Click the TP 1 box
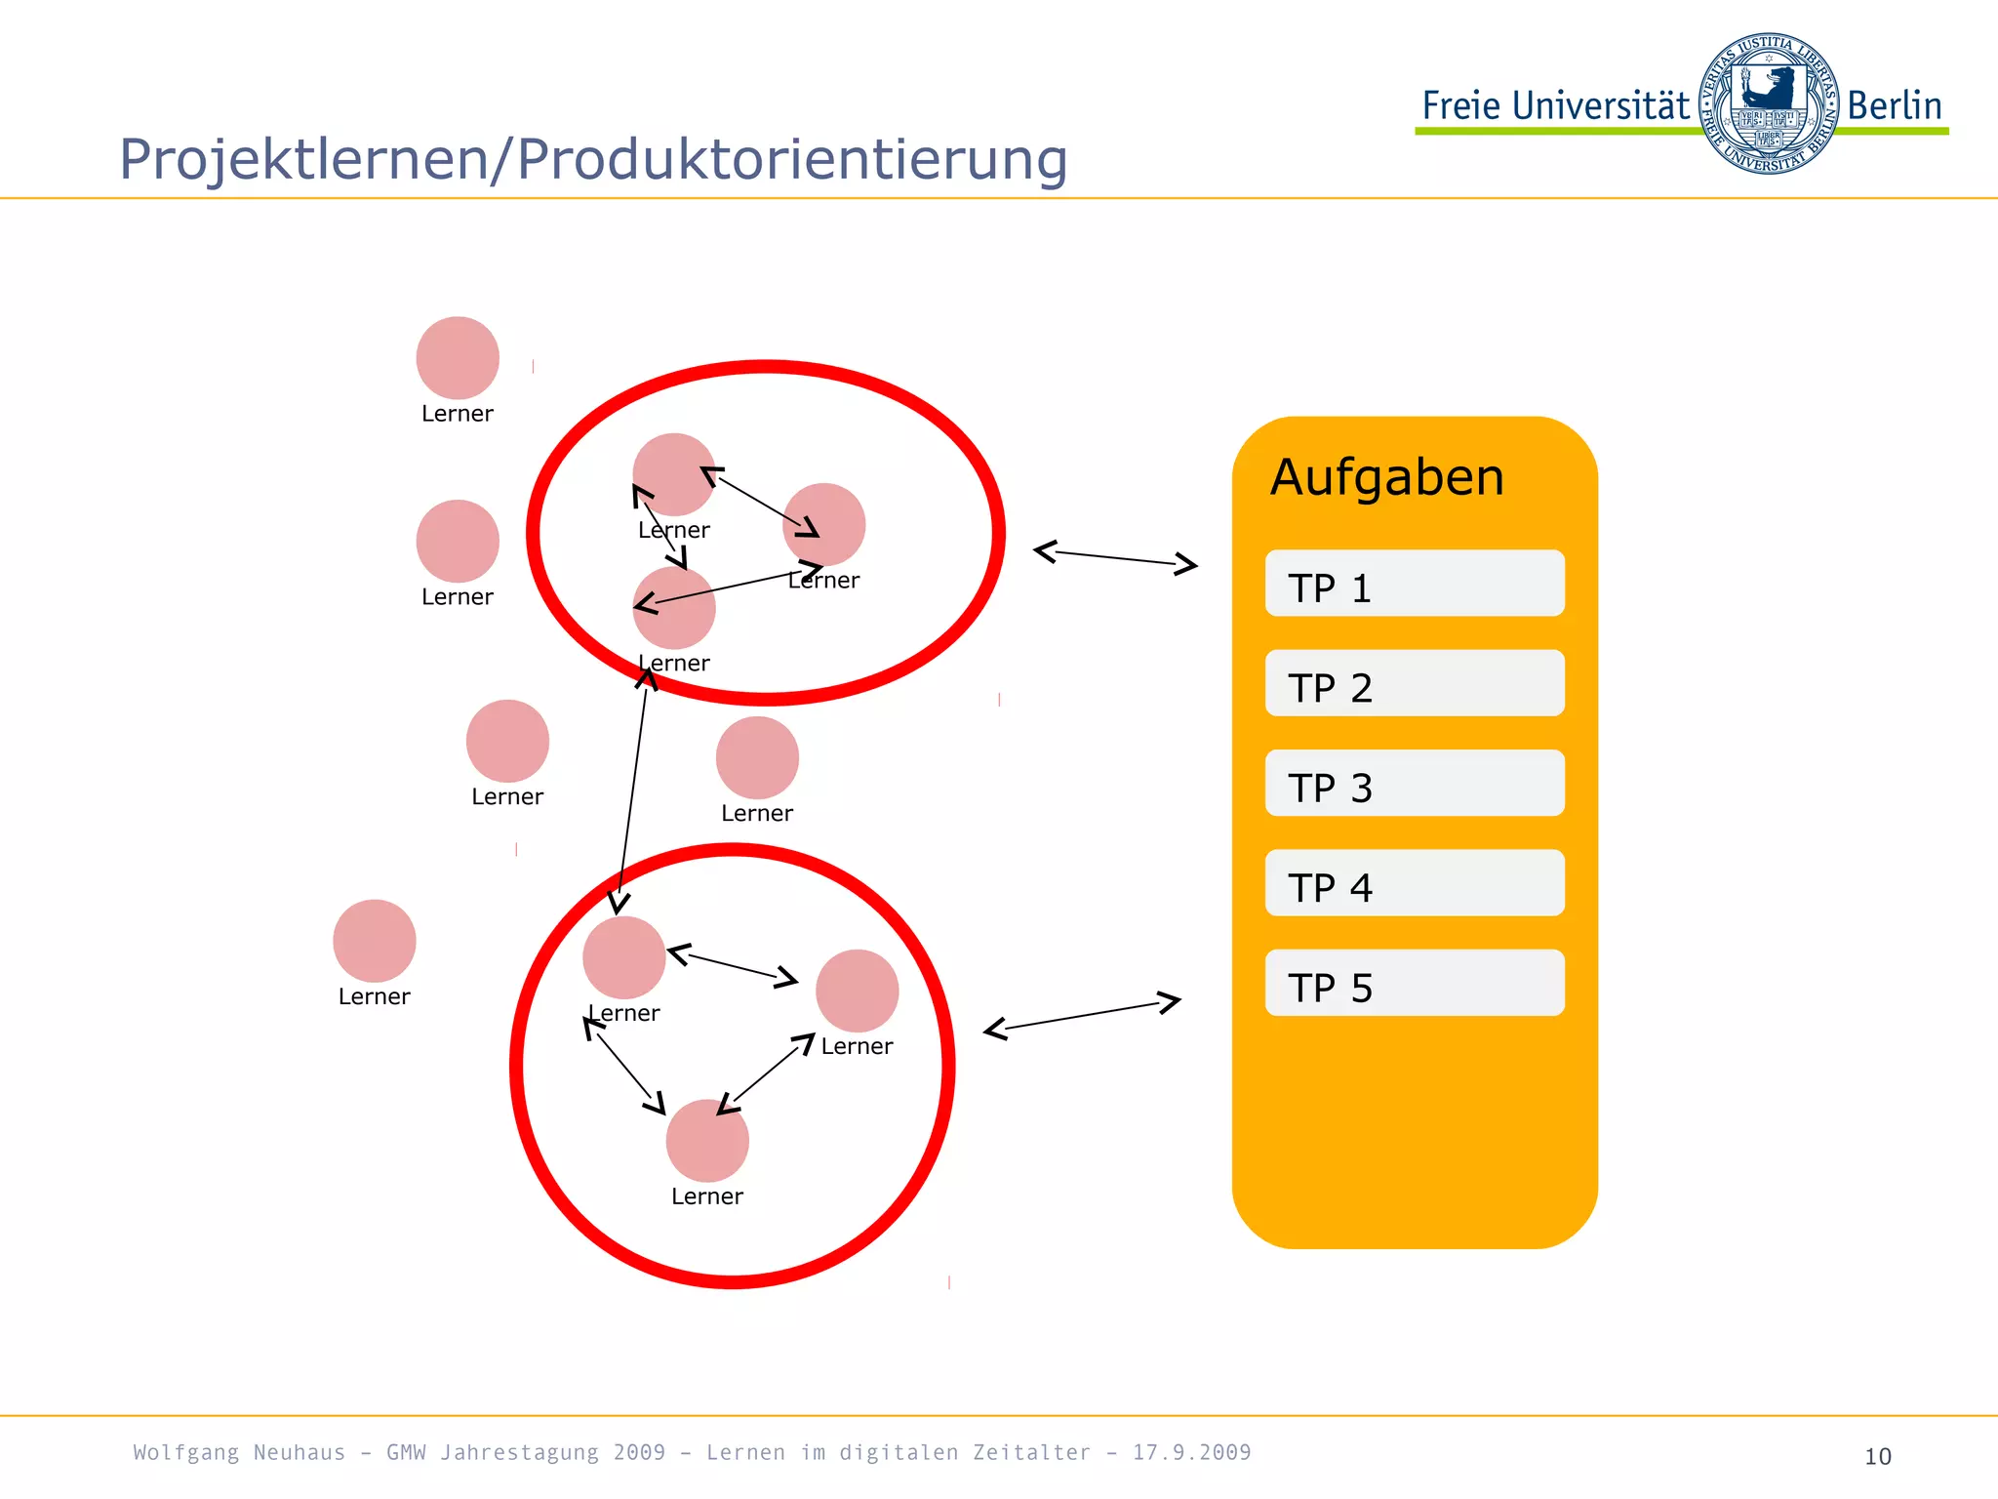(1414, 584)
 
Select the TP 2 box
(1414, 683)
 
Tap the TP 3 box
(1414, 783)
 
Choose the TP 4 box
(1414, 883)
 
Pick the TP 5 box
(1414, 983)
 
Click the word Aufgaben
(1386, 478)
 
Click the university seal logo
(1768, 103)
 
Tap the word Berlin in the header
(1894, 105)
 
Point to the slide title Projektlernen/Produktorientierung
(593, 159)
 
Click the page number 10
(1877, 1456)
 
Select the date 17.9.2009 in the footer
(1191, 1452)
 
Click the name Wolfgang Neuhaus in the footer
(239, 1452)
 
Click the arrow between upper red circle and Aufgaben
(1115, 557)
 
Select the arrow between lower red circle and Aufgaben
(1082, 1016)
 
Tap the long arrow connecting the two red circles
(632, 790)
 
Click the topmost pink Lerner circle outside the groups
(458, 358)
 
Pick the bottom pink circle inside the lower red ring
(707, 1141)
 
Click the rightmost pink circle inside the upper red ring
(824, 525)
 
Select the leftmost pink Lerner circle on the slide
(375, 941)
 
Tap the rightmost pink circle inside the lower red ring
(857, 991)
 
